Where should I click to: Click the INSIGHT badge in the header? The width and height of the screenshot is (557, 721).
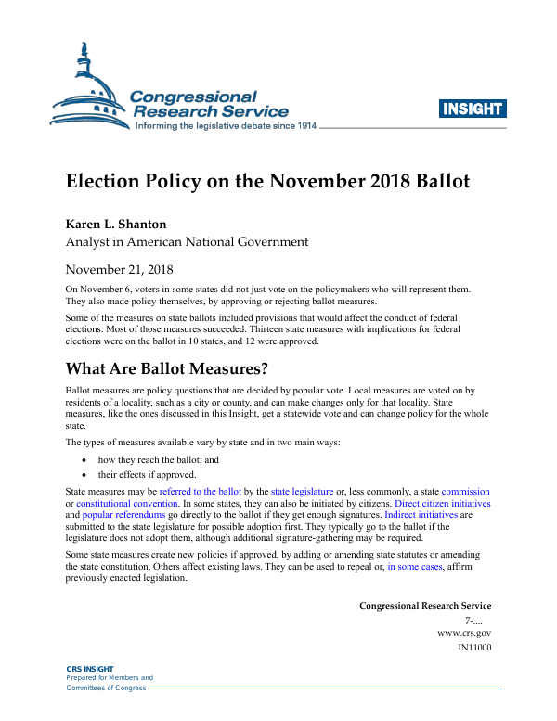click(x=473, y=109)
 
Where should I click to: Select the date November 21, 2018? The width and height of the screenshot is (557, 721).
click(x=119, y=270)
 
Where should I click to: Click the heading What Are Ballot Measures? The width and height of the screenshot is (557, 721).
click(x=167, y=368)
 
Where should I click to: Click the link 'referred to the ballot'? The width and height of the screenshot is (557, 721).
click(x=201, y=491)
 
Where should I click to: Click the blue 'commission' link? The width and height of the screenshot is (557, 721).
click(x=466, y=491)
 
